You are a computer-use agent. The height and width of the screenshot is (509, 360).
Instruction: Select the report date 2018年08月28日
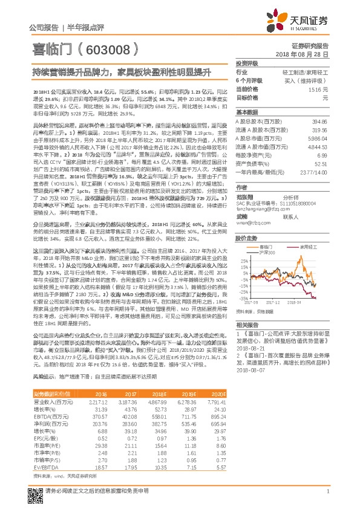pos(306,54)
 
